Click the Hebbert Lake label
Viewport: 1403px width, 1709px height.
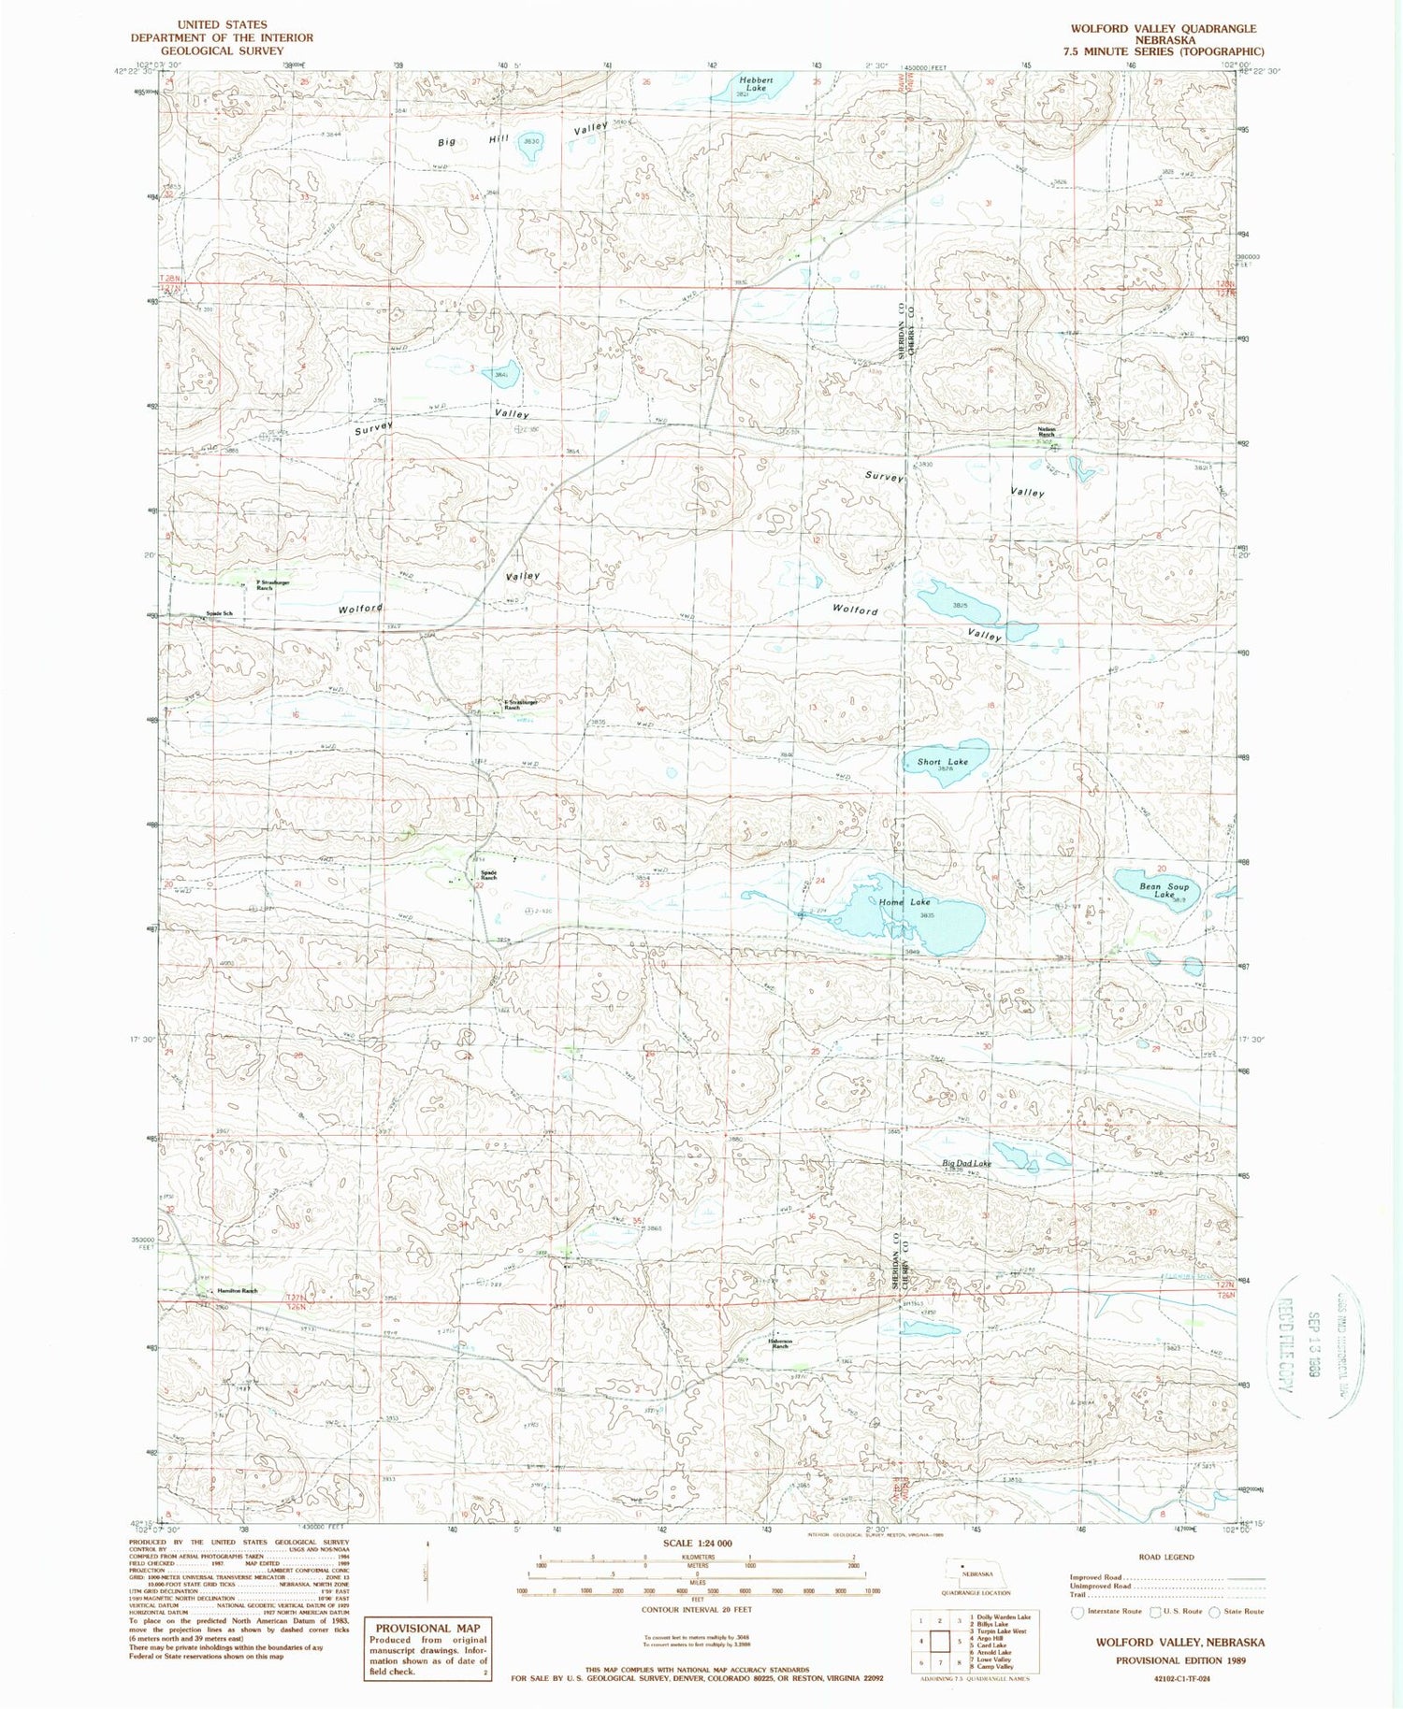point(756,84)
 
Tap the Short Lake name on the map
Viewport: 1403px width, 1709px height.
point(942,762)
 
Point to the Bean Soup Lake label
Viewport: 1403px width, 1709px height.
point(1164,889)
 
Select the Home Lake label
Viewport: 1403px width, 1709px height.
point(904,902)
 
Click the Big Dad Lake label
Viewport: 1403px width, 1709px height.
point(966,1164)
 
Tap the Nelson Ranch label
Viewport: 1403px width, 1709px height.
point(1046,432)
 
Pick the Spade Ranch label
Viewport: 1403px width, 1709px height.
point(488,876)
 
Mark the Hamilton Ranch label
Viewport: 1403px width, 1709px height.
point(237,1291)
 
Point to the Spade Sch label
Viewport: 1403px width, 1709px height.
point(219,614)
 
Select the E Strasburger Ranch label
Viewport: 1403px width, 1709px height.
point(512,705)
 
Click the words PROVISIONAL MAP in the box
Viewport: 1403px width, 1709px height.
point(427,1628)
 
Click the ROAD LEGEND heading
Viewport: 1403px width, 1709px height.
point(1166,1557)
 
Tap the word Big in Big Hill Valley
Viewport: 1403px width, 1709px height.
point(447,142)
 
